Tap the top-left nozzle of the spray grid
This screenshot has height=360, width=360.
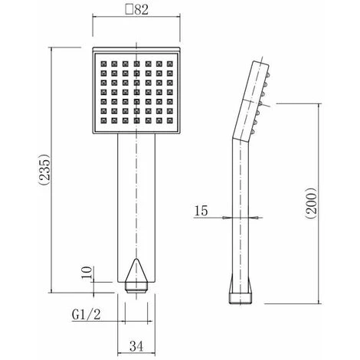coord(104,64)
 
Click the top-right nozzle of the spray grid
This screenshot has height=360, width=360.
coord(169,64)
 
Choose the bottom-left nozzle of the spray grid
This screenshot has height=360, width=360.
coord(104,120)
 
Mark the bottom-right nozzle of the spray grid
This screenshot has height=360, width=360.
coord(169,120)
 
